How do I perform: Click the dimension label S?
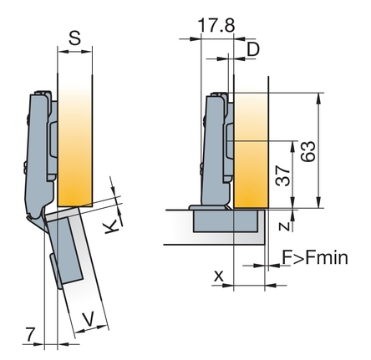coord(74,38)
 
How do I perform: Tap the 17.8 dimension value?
coord(216,25)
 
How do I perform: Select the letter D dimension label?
coord(253,49)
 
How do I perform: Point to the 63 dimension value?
coord(308,151)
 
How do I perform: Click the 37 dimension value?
coord(282,175)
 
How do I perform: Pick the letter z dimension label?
coord(284,226)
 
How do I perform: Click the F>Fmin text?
coord(315,257)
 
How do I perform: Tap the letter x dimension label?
coord(219,276)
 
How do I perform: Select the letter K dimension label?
coord(111,227)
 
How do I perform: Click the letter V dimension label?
coord(89,319)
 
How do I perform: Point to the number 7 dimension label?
coord(30,334)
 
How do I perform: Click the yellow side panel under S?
coord(74,145)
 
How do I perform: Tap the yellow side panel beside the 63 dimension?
coord(251,150)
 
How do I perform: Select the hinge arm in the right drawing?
coord(216,150)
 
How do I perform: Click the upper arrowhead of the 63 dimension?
coord(319,98)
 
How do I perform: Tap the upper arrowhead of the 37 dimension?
coord(292,146)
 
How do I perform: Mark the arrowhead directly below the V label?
coord(80,331)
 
